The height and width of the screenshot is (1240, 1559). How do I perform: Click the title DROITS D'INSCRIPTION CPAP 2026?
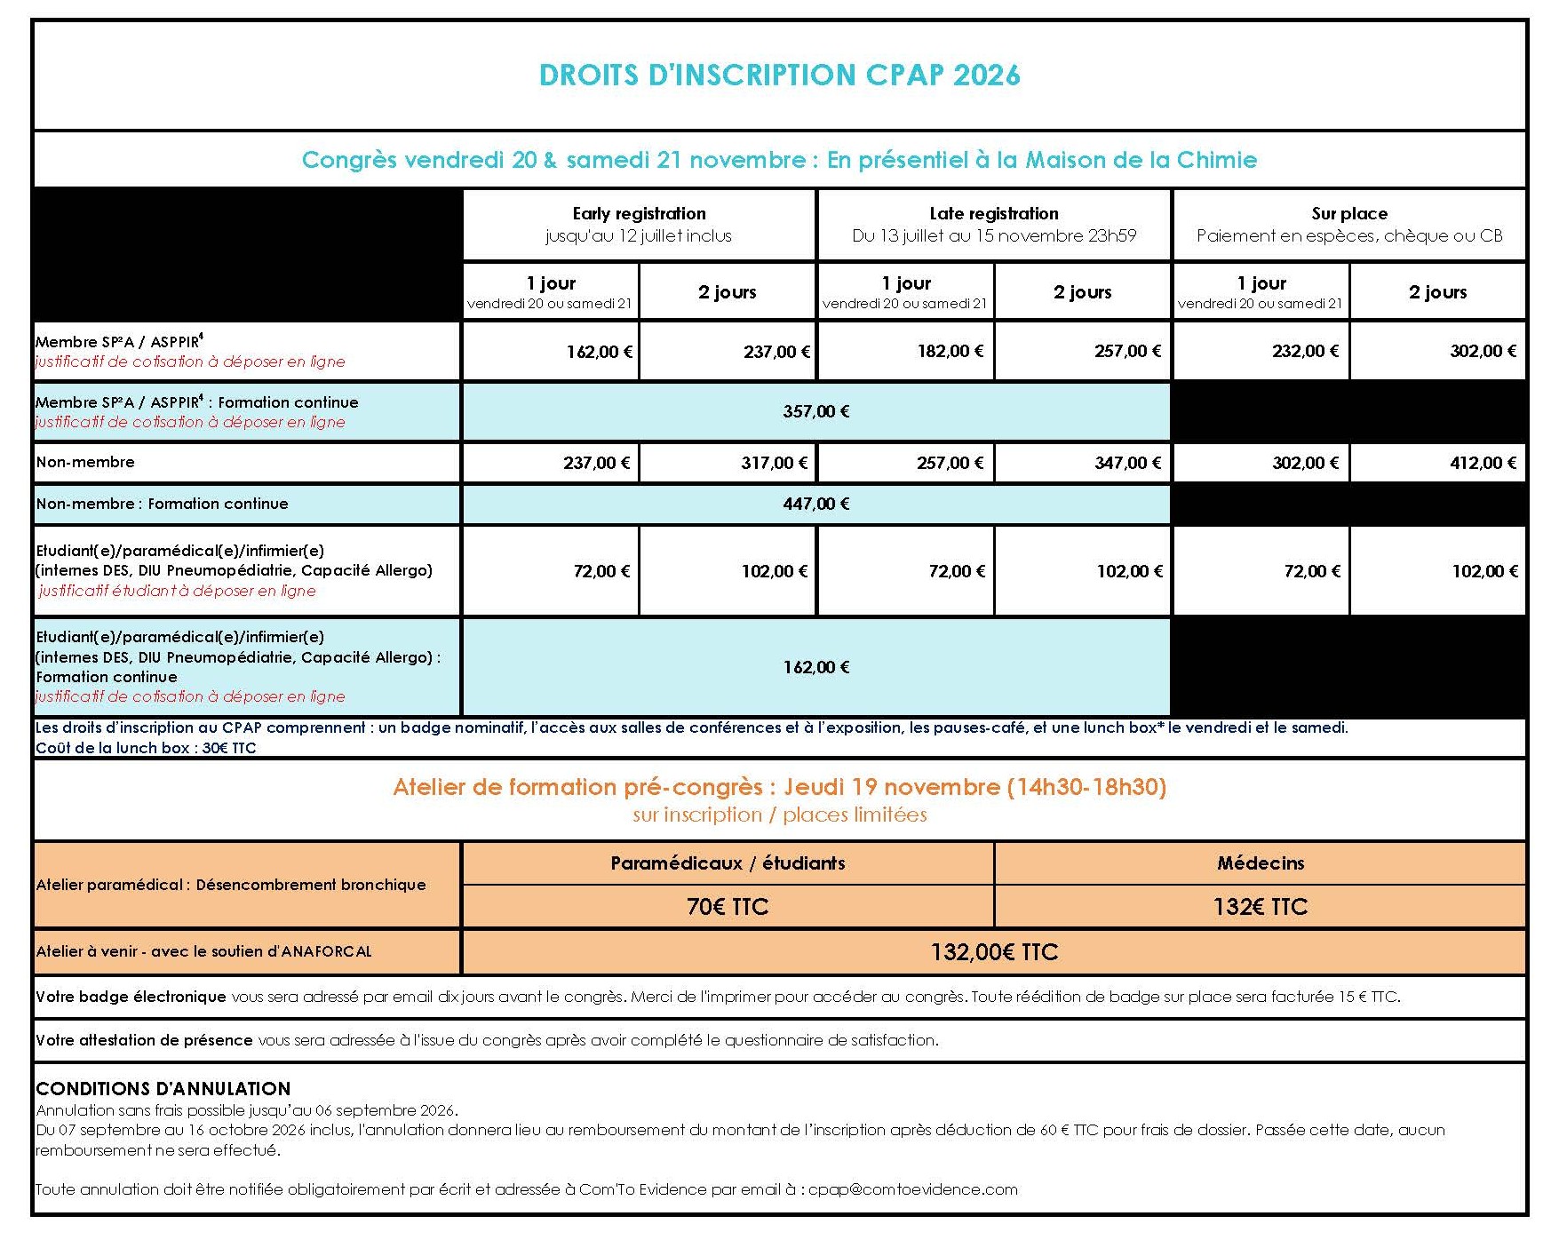click(779, 75)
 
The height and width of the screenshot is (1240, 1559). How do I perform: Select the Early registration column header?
click(639, 214)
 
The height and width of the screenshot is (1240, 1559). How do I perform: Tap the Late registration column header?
click(993, 214)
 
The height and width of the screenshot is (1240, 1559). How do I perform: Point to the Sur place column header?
click(1348, 214)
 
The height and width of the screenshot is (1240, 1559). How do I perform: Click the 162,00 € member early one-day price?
click(599, 352)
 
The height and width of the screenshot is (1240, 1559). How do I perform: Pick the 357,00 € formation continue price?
click(815, 411)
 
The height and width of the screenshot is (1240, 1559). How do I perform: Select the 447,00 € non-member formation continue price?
click(815, 504)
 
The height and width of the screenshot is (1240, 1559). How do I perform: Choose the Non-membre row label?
click(85, 462)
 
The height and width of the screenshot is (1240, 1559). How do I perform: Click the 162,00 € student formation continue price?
click(815, 667)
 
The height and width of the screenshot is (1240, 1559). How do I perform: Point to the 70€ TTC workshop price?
click(727, 907)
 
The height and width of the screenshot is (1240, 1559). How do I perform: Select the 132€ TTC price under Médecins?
click(1260, 907)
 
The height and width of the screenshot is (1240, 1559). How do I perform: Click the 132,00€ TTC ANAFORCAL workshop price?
click(994, 952)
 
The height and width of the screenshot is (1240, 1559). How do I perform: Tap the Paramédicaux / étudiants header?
click(727, 863)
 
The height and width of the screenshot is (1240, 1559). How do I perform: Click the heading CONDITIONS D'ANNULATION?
click(163, 1089)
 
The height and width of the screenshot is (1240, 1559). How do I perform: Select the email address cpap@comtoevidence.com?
click(912, 1189)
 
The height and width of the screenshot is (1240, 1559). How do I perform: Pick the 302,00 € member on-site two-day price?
click(1483, 352)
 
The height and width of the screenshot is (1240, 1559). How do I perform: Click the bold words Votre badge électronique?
click(131, 997)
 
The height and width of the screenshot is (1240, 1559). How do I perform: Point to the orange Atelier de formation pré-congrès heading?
click(779, 787)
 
